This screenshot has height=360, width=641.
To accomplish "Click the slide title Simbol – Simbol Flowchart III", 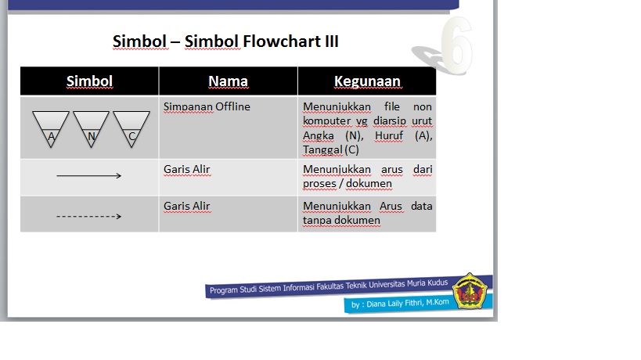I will [x=225, y=41].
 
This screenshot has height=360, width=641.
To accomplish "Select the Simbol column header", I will [x=89, y=81].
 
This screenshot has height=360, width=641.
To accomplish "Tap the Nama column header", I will [x=228, y=81].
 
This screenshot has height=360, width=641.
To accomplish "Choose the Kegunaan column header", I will [x=367, y=81].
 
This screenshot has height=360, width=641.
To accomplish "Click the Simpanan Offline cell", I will [x=207, y=106].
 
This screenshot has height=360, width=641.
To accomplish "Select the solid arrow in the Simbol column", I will [x=88, y=176].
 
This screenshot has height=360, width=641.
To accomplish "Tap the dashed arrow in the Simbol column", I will [x=88, y=215].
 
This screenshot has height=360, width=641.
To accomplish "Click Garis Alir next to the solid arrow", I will [x=186, y=169].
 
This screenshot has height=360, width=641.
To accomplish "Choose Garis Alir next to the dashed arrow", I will [x=186, y=207].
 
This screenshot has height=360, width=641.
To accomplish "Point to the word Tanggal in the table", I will [x=322, y=149].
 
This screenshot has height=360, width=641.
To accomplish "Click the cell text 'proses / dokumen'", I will [x=347, y=184].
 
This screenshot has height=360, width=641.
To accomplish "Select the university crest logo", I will [x=470, y=290].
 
